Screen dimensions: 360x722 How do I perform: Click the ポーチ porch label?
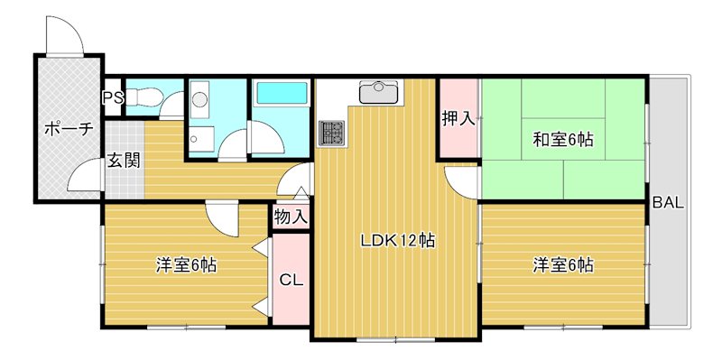click(69, 129)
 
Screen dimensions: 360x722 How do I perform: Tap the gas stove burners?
click(331, 134)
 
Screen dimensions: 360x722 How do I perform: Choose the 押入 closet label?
click(458, 118)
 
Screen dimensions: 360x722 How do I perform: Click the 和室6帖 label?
click(562, 140)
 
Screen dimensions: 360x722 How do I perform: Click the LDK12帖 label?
click(398, 241)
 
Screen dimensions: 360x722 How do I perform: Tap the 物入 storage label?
click(291, 217)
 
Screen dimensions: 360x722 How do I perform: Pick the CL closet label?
click(291, 279)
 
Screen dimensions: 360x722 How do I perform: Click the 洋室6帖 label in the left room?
click(185, 265)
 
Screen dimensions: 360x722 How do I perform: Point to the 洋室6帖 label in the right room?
click(562, 265)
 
